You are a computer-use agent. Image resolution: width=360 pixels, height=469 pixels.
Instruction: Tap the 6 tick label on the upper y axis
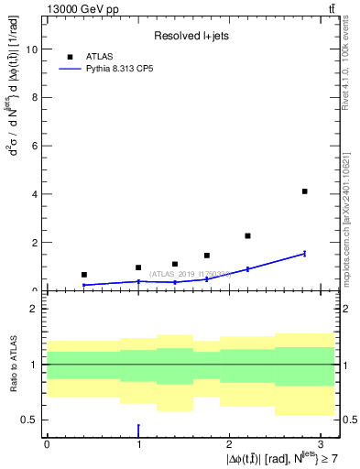click(x=35, y=147)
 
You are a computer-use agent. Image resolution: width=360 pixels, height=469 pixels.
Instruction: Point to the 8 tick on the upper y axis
click(x=35, y=98)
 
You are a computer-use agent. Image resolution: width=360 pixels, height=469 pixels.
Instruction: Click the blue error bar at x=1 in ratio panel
click(x=138, y=430)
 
